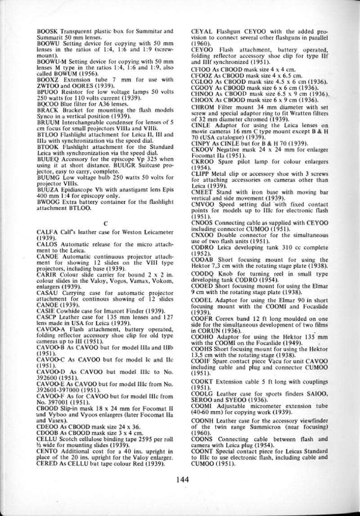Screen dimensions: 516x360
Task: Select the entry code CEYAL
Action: [x=201, y=32]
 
